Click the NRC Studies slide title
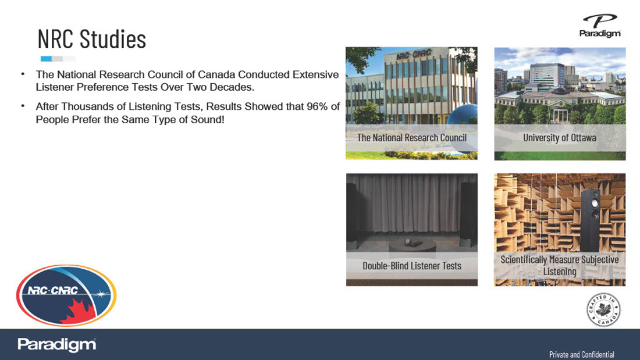92,39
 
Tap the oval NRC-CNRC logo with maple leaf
66,295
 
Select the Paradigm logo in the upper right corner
600,26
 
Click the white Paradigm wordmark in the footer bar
57,345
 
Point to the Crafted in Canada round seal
604,310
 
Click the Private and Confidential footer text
582,354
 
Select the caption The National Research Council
412,138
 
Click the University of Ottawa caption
560,138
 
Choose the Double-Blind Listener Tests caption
412,266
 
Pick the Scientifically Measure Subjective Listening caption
560,265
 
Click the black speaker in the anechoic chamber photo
592,220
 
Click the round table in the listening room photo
413,245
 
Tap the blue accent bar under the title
46,59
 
